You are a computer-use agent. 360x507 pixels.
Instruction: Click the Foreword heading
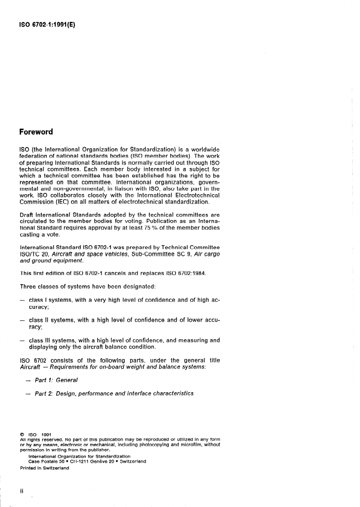pyautogui.click(x=36, y=132)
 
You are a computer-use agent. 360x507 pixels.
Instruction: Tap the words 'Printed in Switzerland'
pyautogui.click(x=44, y=469)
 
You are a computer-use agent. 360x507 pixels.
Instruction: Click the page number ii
pyautogui.click(x=21, y=491)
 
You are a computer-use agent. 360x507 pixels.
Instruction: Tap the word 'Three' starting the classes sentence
pyautogui.click(x=30, y=287)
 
